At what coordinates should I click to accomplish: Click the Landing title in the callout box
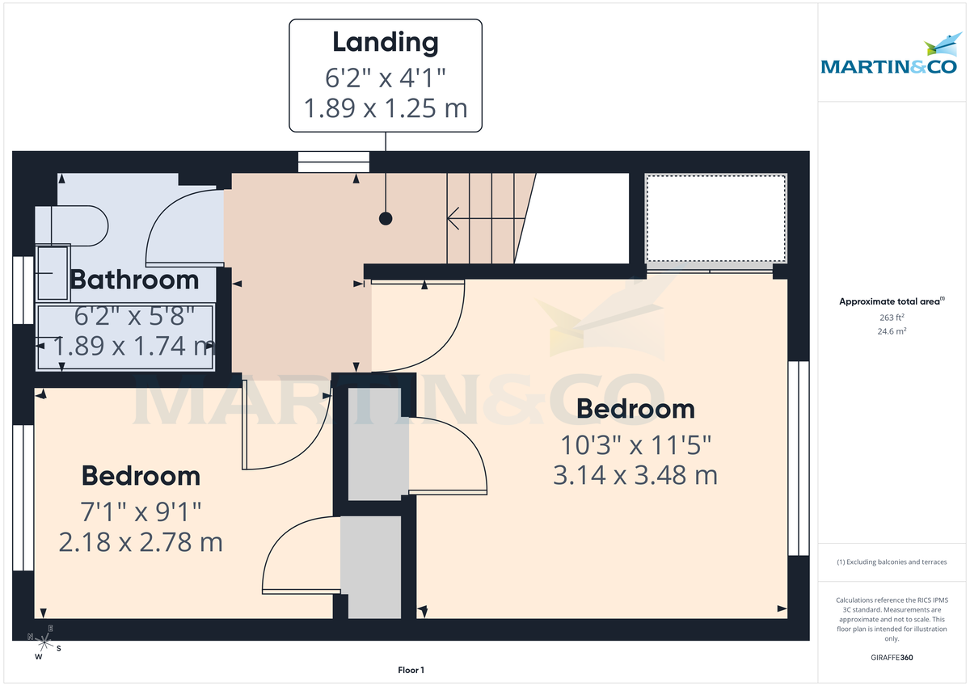click(x=386, y=42)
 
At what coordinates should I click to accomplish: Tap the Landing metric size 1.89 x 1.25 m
click(x=386, y=107)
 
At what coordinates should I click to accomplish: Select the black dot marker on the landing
click(x=386, y=218)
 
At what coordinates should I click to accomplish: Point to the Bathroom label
click(x=134, y=280)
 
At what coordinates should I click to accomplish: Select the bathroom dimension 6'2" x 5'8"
click(x=134, y=316)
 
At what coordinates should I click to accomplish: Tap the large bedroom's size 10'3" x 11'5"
click(x=635, y=444)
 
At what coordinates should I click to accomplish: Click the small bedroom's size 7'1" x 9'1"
click(x=141, y=511)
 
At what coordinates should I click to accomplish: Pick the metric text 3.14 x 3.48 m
click(x=635, y=475)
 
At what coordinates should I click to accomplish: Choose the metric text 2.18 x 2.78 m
click(x=141, y=541)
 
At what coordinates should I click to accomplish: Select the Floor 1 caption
click(x=411, y=670)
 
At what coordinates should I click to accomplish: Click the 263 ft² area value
click(x=892, y=318)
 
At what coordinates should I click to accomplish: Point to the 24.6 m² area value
click(x=892, y=331)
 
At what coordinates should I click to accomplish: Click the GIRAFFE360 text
click(x=892, y=658)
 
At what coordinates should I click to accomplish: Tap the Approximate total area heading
click(x=891, y=301)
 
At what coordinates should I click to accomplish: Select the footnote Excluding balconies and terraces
click(x=892, y=562)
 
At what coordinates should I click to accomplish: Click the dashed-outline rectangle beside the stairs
click(x=716, y=218)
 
